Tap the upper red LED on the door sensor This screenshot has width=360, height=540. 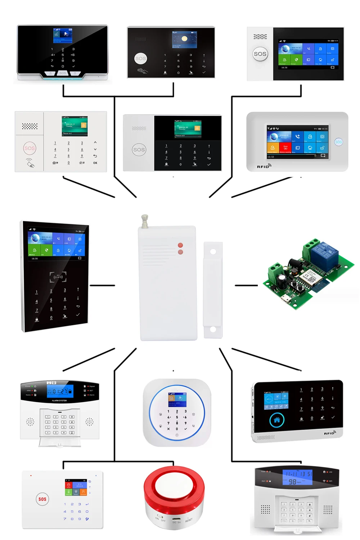[x=180, y=245]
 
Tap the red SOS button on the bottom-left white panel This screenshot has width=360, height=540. [x=42, y=499]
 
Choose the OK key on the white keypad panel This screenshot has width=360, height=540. [x=95, y=163]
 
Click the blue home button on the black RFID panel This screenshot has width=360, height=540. [x=277, y=420]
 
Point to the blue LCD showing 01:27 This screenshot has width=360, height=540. [x=60, y=391]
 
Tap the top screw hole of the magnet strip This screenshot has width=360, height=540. [x=213, y=251]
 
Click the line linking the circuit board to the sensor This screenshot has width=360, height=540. [x=246, y=285]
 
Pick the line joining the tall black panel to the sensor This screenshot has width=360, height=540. [x=102, y=285]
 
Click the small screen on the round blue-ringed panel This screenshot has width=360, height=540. [x=177, y=399]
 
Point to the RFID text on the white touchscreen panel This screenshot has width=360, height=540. [x=263, y=167]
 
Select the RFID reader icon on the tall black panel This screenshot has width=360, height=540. [x=58, y=277]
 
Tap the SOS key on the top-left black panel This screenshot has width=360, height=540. [x=63, y=73]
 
